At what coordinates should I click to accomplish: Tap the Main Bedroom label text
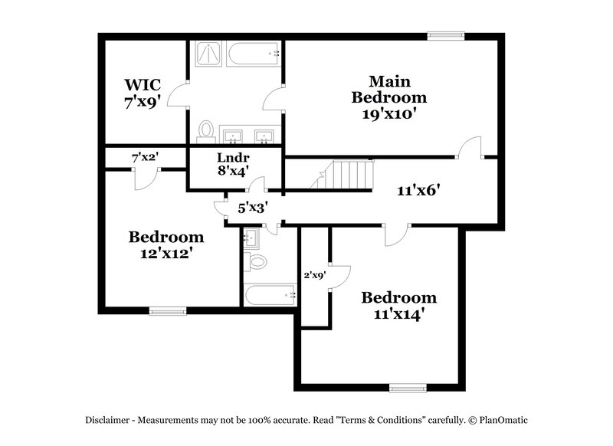388,89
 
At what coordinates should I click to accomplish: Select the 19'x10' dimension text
388,114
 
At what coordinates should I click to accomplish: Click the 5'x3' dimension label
252,207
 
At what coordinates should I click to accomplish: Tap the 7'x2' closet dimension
145,157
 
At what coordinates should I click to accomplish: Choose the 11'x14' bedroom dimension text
399,314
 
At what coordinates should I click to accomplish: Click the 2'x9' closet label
315,274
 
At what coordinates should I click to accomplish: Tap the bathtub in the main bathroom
251,54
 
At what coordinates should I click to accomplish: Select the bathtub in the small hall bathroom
269,294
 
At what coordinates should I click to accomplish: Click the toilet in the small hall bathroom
257,263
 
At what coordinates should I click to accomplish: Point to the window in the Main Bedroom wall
446,34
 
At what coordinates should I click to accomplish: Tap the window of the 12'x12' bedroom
167,310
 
